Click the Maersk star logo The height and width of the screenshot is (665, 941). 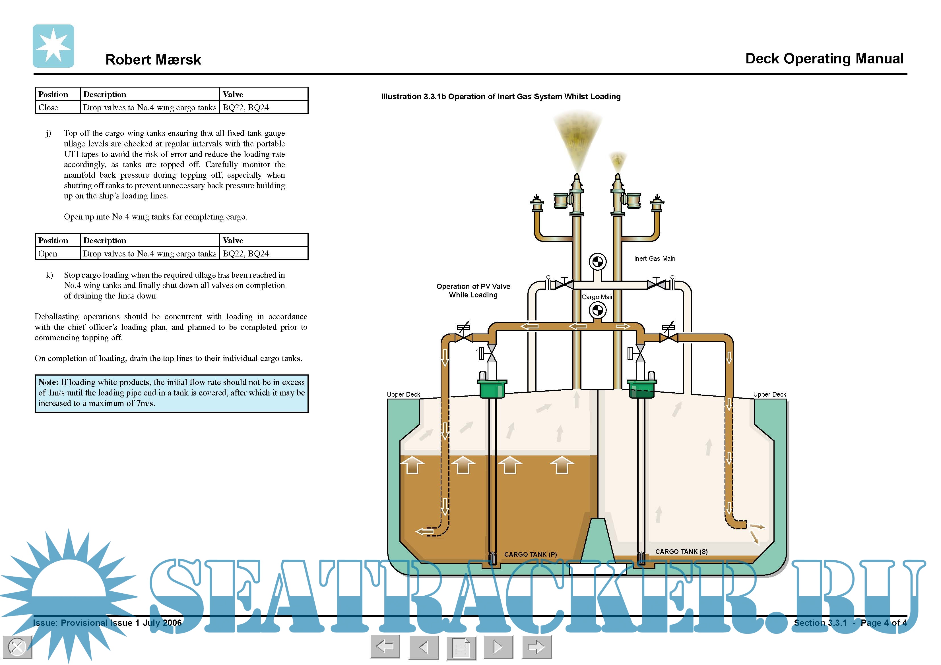tap(53, 46)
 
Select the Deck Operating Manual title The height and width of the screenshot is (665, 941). tap(824, 59)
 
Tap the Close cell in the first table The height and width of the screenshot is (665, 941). tap(48, 107)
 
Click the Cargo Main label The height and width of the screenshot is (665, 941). tap(597, 297)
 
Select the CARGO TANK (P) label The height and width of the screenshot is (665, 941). tap(530, 554)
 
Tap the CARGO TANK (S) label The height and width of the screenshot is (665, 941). tap(681, 552)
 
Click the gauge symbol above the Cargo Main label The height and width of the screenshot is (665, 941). tap(598, 261)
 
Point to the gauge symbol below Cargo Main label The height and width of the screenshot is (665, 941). tap(598, 310)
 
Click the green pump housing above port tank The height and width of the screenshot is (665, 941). tap(492, 388)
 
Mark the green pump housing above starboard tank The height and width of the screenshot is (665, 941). tap(641, 388)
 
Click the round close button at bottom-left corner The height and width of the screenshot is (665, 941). tap(17, 647)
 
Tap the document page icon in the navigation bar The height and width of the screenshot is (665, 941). tap(461, 648)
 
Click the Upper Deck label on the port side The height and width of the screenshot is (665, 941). tap(403, 395)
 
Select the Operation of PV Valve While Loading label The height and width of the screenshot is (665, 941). tap(473, 291)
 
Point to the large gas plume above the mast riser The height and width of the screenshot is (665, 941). tap(577, 137)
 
